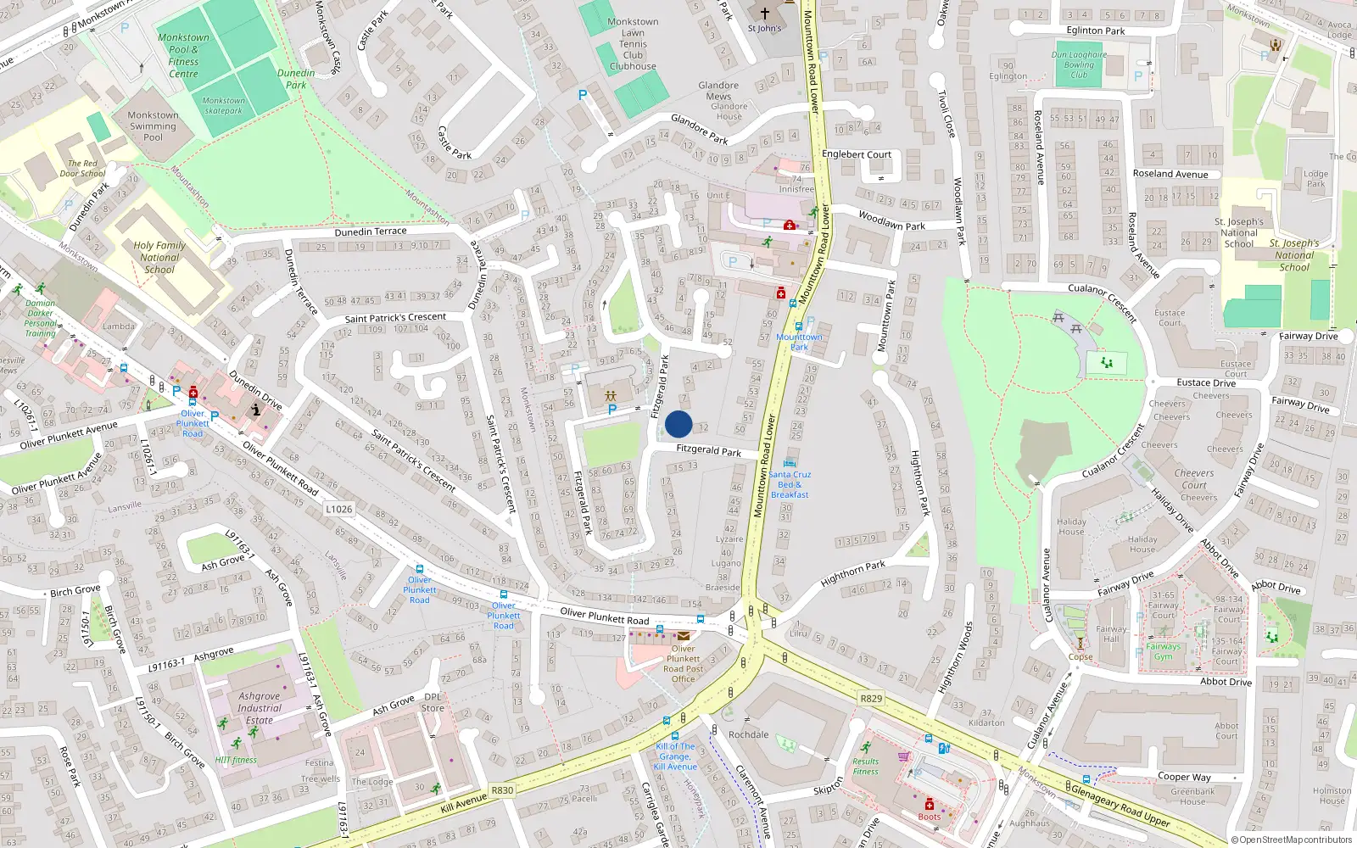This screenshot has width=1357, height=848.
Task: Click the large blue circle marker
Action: point(678,424)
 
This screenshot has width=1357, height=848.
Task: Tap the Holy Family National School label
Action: point(159,257)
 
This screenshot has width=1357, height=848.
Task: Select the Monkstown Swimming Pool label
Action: point(153,126)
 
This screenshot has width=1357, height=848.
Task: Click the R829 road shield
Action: point(871,698)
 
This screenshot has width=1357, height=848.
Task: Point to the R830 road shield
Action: point(502,789)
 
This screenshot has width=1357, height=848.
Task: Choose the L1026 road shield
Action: point(338,509)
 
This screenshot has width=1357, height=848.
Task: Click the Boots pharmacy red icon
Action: point(929,804)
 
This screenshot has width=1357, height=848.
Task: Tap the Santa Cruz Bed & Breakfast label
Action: point(790,484)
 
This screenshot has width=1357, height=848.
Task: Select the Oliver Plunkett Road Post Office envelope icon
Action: point(683,635)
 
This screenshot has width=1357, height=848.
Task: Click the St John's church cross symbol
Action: point(764,14)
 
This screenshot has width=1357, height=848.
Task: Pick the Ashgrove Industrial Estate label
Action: point(260,708)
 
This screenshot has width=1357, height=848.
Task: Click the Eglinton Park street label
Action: point(1096,31)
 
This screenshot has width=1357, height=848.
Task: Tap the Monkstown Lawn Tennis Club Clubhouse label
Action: point(633,44)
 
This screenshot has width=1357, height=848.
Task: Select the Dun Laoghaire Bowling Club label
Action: point(1079,64)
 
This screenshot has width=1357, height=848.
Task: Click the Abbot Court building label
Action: point(1226,730)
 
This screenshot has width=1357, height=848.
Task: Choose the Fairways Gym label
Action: point(1163,651)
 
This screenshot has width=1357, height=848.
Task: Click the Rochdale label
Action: point(748,734)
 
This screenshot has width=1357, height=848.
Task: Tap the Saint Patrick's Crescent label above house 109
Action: point(395,317)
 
